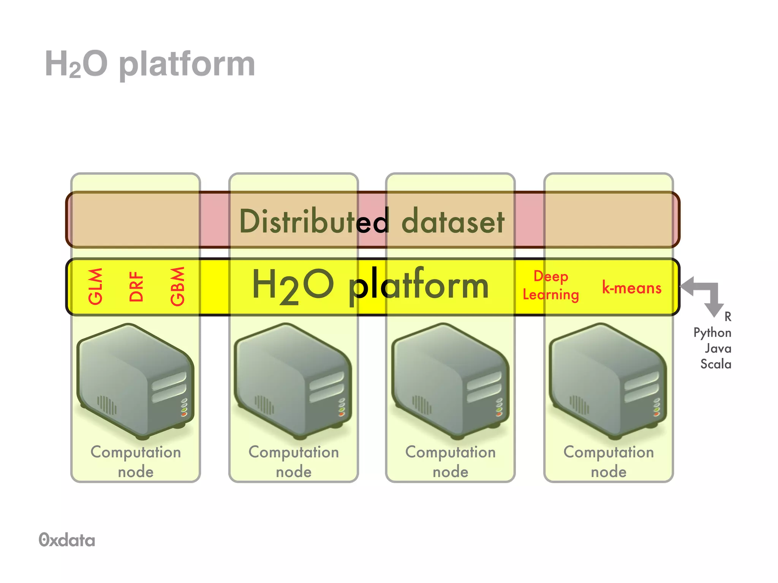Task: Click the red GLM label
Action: (95, 287)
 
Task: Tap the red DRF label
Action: (136, 287)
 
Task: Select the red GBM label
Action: (177, 287)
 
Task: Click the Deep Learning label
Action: (550, 285)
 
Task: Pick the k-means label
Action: (631, 288)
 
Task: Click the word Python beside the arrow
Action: (712, 333)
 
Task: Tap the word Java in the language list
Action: (718, 348)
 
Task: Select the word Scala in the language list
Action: (715, 364)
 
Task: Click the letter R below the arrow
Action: (727, 317)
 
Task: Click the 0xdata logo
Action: (67, 540)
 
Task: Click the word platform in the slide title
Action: (187, 65)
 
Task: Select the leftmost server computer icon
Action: (135, 380)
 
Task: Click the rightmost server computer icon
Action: (608, 380)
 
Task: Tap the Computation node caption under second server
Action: (294, 462)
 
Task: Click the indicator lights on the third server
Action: (499, 407)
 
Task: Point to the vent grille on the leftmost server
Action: (107, 405)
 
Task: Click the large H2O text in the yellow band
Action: (293, 285)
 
